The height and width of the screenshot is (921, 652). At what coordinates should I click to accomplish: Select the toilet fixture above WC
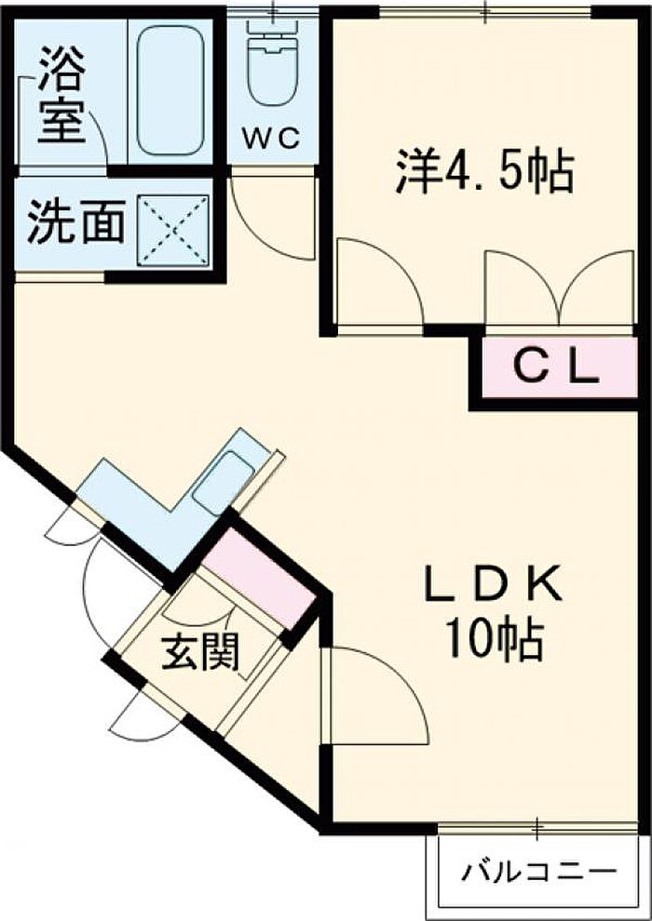click(x=273, y=64)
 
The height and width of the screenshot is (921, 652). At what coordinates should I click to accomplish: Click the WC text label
click(x=273, y=139)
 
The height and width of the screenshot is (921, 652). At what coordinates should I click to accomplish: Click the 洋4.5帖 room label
click(x=483, y=171)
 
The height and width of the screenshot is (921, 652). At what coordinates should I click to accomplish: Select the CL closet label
click(x=556, y=369)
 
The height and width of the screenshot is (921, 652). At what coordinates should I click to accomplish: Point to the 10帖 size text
click(x=493, y=639)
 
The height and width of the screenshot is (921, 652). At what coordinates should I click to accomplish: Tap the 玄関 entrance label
click(x=200, y=652)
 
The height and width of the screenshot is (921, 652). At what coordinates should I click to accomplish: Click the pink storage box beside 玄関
click(x=261, y=578)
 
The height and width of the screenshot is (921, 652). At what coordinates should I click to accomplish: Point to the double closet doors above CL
click(x=559, y=287)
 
